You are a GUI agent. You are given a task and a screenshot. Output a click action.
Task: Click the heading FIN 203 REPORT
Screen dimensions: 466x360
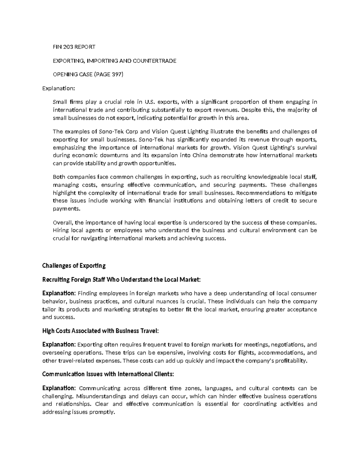tap(74, 47)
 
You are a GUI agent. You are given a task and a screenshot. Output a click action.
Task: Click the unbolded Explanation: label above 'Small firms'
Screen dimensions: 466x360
tap(58, 89)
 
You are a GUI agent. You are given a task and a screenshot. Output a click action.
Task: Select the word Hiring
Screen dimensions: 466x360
tap(61, 230)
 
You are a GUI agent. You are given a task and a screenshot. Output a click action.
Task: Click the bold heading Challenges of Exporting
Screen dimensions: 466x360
tap(74, 266)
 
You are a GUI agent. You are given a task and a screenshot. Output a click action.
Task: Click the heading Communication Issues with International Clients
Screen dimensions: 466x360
tap(108, 374)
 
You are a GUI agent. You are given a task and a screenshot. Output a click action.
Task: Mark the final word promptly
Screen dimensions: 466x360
tap(104, 412)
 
